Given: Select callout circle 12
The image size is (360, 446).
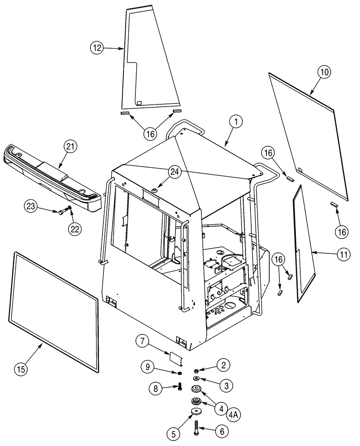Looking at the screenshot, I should pos(98,47).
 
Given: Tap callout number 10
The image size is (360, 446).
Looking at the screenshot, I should pos(324,72).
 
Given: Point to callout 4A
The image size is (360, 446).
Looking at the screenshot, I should pos(235,414).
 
